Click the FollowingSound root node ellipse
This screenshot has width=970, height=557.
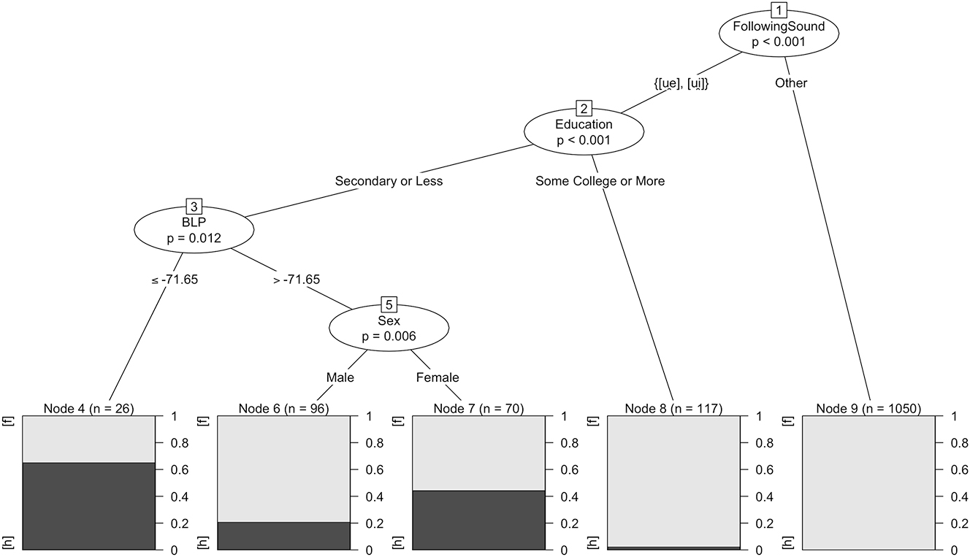779,35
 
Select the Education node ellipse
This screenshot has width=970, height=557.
584,132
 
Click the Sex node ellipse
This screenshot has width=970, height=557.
389,328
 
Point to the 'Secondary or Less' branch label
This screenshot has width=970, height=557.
389,180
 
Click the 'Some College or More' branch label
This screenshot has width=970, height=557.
600,180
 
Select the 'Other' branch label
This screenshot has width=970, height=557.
791,82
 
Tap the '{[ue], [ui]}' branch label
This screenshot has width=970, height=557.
681,82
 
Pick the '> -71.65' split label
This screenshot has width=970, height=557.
297,279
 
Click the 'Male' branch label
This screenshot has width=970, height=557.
340,377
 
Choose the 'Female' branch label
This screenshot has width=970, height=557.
438,377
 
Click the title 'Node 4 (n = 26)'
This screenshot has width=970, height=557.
88,408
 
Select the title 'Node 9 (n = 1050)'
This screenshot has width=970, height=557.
868,408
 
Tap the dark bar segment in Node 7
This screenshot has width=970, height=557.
478,520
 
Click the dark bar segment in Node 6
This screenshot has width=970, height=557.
283,535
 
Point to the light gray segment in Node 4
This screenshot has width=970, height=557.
88,439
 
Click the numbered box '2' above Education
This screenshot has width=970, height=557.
584,109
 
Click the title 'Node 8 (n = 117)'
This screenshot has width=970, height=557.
673,408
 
